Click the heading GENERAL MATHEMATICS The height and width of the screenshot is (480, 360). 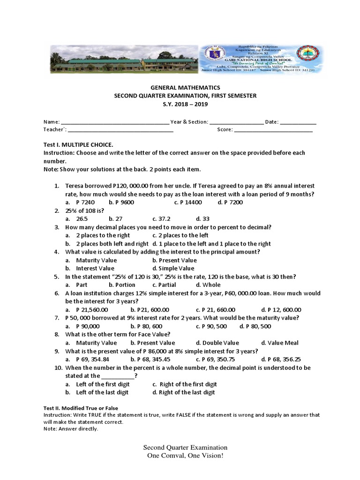(x=184, y=88)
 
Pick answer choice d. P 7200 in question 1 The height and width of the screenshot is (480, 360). (x=230, y=202)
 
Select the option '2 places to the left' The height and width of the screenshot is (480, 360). (x=180, y=235)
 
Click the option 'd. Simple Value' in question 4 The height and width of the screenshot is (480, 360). (x=173, y=268)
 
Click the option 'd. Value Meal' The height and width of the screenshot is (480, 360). (x=280, y=343)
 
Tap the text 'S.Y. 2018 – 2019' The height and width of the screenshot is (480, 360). (x=184, y=104)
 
